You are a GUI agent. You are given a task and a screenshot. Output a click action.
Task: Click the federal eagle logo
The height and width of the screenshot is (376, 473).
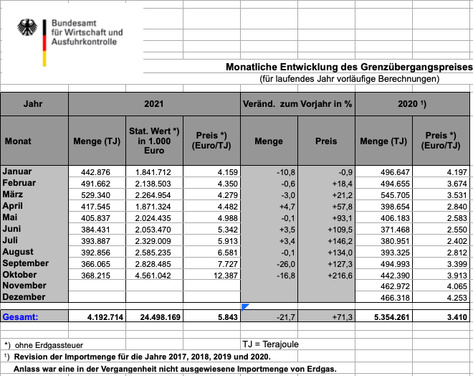coord(29,30)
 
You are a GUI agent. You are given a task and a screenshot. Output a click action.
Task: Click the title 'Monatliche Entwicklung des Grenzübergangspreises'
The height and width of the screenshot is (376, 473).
coord(349,67)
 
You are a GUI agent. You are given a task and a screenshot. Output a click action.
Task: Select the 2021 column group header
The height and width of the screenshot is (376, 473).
coord(154,104)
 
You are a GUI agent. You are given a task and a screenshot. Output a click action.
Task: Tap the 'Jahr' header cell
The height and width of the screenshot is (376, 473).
coord(33,104)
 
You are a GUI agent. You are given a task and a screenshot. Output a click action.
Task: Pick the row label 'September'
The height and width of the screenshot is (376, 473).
coord(26,263)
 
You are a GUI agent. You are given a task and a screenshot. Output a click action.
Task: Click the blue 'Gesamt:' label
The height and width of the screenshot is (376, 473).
coord(21,316)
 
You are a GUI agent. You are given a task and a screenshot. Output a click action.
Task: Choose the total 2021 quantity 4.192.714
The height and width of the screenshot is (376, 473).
coord(96,316)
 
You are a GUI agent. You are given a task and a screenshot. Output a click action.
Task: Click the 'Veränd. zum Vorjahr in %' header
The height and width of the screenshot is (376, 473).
coord(298,104)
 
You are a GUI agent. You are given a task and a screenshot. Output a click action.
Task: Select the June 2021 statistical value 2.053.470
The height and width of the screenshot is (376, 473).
coord(153,229)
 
